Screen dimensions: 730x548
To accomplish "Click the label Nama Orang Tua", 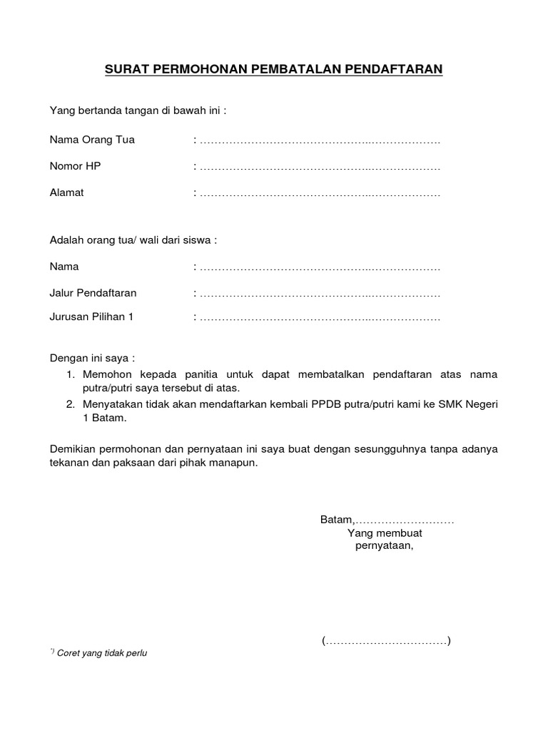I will pos(92,140).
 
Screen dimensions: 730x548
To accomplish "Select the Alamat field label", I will pos(66,192).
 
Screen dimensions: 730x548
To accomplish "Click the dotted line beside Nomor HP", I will pos(319,167).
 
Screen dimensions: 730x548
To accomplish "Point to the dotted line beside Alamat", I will pos(319,193).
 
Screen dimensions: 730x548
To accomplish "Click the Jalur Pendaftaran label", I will pos(93,293).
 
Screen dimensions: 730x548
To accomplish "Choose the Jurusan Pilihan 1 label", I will pos(91,317).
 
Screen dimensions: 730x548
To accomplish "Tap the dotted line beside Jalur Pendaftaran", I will pos(319,294).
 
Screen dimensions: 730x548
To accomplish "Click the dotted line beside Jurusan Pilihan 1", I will pos(319,318).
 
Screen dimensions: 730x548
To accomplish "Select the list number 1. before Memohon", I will pos(71,374).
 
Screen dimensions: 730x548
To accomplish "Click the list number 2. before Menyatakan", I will pos(71,404).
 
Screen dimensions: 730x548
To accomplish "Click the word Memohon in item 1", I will pos(108,374).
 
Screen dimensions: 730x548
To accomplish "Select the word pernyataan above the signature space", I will pos(384,546).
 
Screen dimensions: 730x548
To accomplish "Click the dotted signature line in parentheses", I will pos(385,641).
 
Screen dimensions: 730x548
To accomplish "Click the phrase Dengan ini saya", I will pos(91,357).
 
